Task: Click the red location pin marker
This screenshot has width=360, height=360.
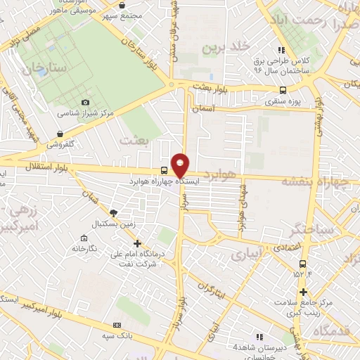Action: click(181, 165)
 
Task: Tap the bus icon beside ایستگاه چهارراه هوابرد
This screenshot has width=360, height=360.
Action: click(164, 170)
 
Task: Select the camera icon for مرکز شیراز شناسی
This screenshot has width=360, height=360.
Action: click(86, 103)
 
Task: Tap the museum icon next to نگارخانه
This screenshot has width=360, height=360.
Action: click(75, 248)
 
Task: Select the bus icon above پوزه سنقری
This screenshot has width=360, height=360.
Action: click(283, 90)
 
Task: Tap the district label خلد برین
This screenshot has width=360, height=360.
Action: click(226, 48)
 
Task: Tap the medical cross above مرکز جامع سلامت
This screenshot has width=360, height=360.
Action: click(303, 292)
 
